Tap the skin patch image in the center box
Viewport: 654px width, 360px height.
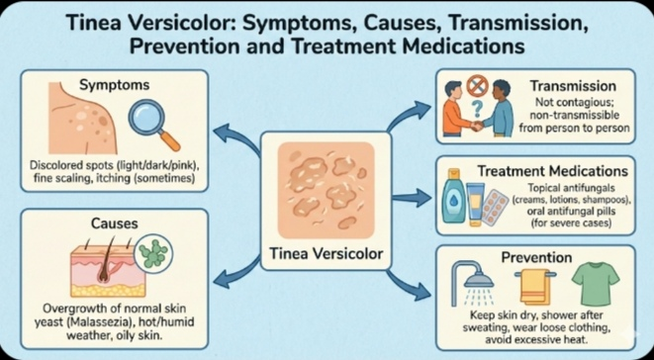coord(326,184)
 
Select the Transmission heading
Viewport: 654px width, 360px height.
coord(578,85)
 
